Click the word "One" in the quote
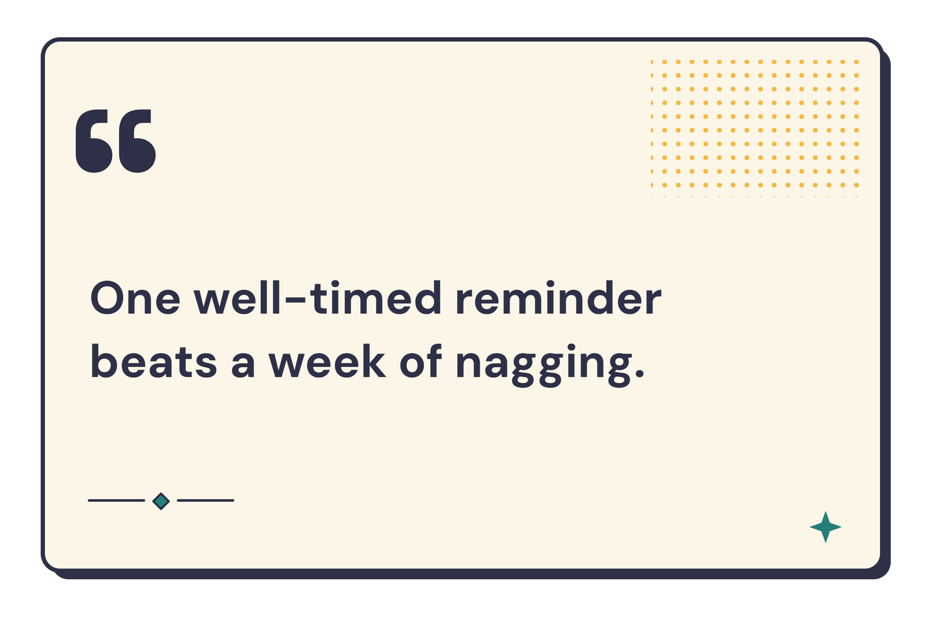tap(135, 298)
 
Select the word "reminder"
tap(559, 297)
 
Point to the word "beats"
tap(154, 361)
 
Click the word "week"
tap(327, 361)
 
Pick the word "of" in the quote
tap(421, 361)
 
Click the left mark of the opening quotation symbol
tap(94, 141)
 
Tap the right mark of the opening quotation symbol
tap(137, 141)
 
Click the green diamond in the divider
tap(161, 501)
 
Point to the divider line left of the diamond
tap(116, 500)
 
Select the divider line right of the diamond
tap(206, 500)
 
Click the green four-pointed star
tap(826, 527)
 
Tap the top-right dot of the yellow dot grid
tap(856, 62)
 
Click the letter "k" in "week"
tap(373, 361)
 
